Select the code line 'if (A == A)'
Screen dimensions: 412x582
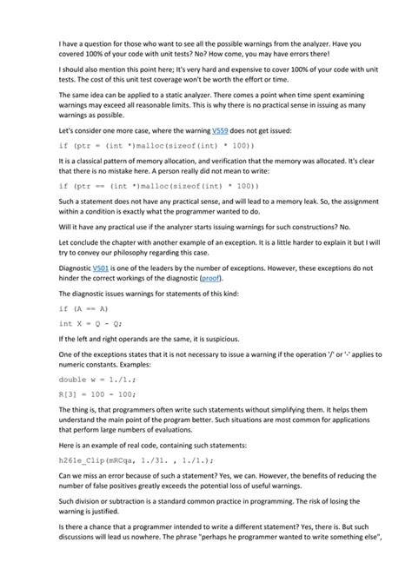[x=83, y=308]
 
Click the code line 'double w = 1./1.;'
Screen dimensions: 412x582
[x=99, y=379]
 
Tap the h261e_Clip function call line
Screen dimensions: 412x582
[x=136, y=460]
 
